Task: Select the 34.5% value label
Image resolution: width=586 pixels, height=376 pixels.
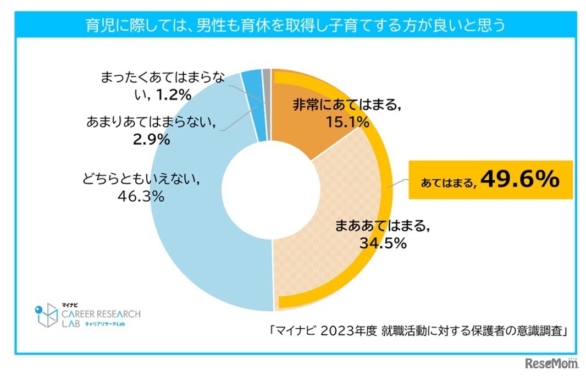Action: [x=383, y=242]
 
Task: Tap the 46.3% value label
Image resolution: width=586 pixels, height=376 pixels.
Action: [x=139, y=196]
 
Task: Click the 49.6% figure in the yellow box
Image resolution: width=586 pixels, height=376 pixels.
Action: [x=520, y=180]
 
